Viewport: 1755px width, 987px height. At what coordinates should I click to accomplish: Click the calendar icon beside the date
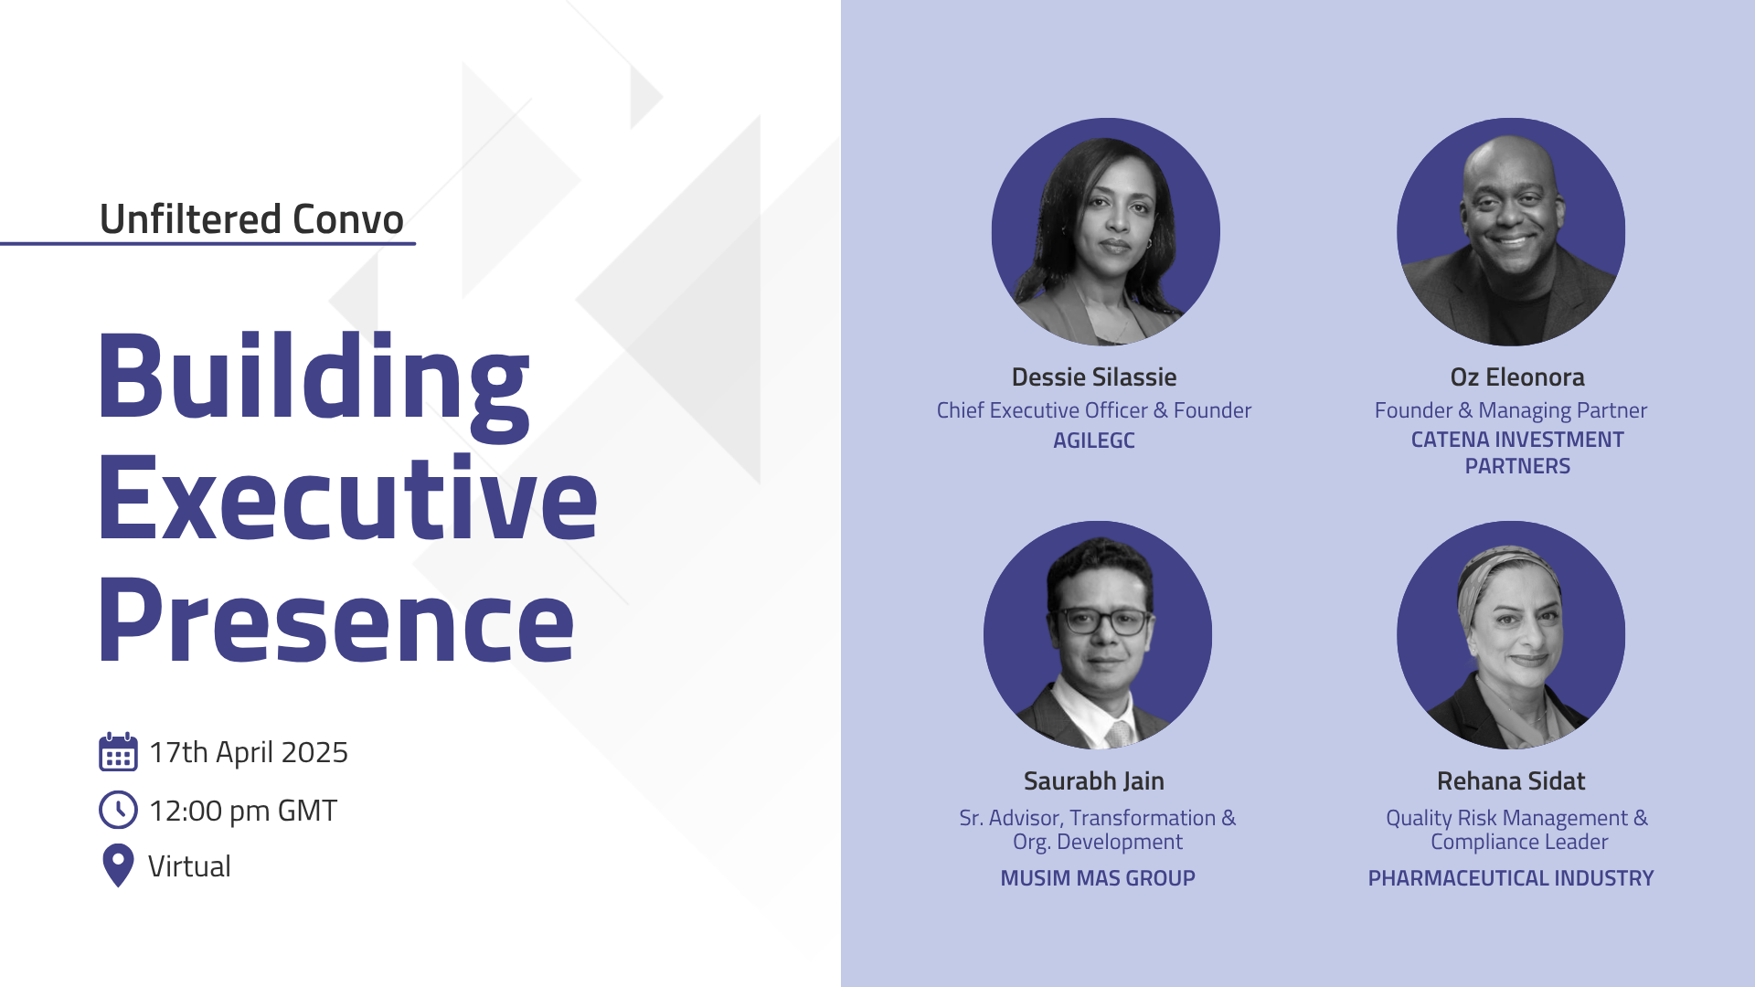click(x=118, y=752)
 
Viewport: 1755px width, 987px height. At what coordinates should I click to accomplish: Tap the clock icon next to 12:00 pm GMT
click(x=118, y=810)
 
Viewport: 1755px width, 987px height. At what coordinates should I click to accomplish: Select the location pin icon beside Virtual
click(x=118, y=865)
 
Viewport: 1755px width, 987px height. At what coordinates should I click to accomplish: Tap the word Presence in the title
click(x=336, y=621)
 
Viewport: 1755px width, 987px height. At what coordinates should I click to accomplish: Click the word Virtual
click(x=189, y=866)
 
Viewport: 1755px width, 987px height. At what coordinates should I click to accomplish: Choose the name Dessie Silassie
click(x=1094, y=377)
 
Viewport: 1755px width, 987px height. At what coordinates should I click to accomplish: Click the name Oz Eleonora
click(x=1517, y=377)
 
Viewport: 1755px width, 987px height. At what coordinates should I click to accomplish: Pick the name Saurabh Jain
click(x=1094, y=781)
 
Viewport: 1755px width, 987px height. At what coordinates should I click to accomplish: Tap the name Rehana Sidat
click(x=1511, y=781)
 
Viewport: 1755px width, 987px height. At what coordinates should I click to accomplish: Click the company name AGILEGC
click(x=1094, y=440)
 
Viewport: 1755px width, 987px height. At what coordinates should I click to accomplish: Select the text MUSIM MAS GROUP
click(x=1098, y=878)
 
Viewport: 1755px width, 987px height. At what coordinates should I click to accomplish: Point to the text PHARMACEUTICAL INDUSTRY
click(x=1511, y=878)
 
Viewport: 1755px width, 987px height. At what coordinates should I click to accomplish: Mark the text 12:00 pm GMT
click(x=243, y=811)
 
